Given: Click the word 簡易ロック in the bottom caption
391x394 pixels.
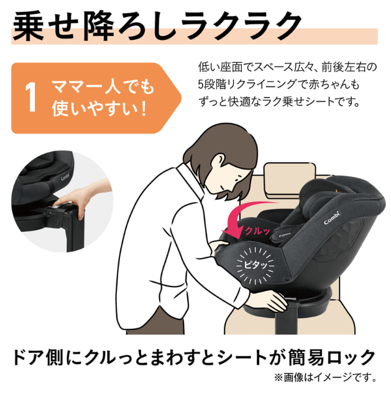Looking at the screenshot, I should click(x=338, y=357).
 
